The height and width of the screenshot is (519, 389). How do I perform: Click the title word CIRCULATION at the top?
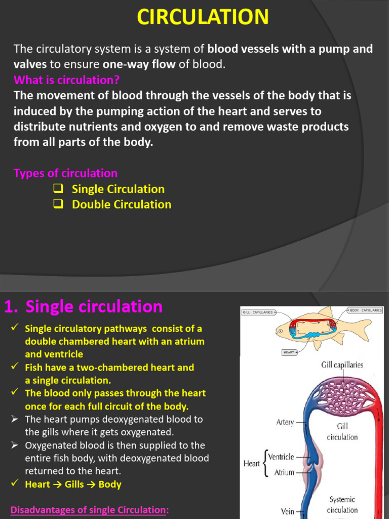point(203,17)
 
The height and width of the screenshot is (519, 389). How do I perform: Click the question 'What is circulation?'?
point(66,80)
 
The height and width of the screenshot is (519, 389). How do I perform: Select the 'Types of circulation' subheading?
point(65,173)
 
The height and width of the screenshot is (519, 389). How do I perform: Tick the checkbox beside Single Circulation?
point(58,189)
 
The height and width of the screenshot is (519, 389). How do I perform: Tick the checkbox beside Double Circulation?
point(58,204)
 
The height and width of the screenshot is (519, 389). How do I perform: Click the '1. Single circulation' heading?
point(84,307)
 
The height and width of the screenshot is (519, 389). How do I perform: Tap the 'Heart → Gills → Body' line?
point(73,484)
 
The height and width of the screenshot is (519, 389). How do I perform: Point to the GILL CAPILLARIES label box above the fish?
point(258,312)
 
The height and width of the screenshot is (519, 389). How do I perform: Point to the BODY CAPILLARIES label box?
point(365,309)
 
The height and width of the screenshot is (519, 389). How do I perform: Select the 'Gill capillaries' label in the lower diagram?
point(342,365)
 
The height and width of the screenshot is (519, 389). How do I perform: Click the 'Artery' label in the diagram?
point(285,422)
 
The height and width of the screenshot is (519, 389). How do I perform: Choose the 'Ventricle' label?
point(281,457)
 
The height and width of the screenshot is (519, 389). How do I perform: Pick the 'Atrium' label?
point(284,472)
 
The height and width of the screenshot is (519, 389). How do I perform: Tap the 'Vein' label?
point(287,511)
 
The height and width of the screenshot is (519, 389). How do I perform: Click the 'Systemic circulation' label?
point(342,504)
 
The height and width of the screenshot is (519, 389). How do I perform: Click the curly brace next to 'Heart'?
point(264,464)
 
